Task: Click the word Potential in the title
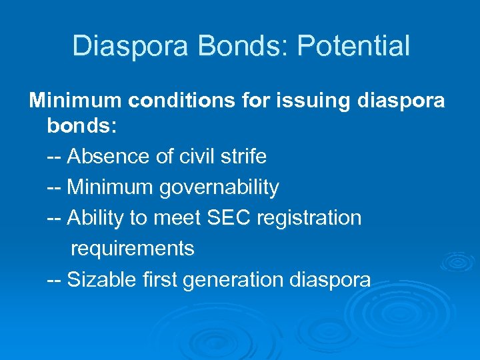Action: click(x=353, y=46)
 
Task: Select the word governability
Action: click(x=219, y=188)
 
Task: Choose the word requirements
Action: click(x=132, y=249)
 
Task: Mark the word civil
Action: click(x=197, y=157)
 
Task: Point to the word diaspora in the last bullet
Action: click(x=330, y=279)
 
